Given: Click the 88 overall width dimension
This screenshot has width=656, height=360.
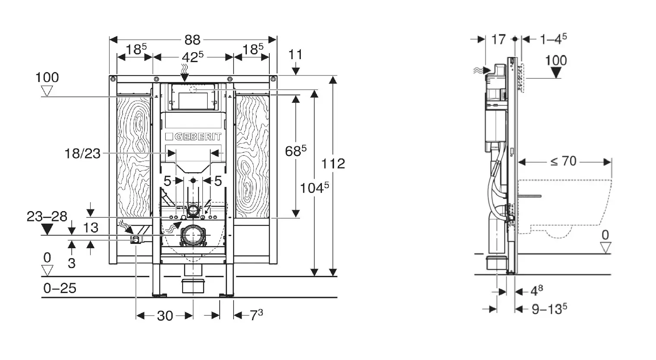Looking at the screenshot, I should [x=192, y=40].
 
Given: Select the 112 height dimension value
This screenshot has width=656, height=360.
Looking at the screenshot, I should [x=334, y=164].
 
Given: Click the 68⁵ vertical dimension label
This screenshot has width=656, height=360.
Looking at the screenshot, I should [x=296, y=151].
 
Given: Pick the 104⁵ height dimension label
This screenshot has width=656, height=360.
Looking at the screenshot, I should [x=315, y=187].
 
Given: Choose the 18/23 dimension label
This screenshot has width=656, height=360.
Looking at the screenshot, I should [x=82, y=153].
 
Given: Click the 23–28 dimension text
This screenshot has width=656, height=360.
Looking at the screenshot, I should [x=47, y=216].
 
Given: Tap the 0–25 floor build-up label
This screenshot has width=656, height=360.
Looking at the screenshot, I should [x=60, y=288].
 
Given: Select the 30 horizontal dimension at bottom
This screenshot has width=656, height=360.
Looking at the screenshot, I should [x=164, y=316].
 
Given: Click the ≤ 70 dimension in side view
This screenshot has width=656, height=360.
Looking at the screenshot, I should [x=564, y=161].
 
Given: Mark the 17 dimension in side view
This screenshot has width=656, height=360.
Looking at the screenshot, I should [x=498, y=40].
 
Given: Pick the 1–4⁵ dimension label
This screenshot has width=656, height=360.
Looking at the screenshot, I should [x=553, y=39].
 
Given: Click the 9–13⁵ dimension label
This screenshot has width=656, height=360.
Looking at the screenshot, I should [x=549, y=309].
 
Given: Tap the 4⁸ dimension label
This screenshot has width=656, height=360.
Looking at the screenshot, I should [x=536, y=291].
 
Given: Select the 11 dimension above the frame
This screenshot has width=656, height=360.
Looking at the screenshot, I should [x=296, y=55].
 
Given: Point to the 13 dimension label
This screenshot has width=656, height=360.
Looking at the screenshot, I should [x=91, y=227].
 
